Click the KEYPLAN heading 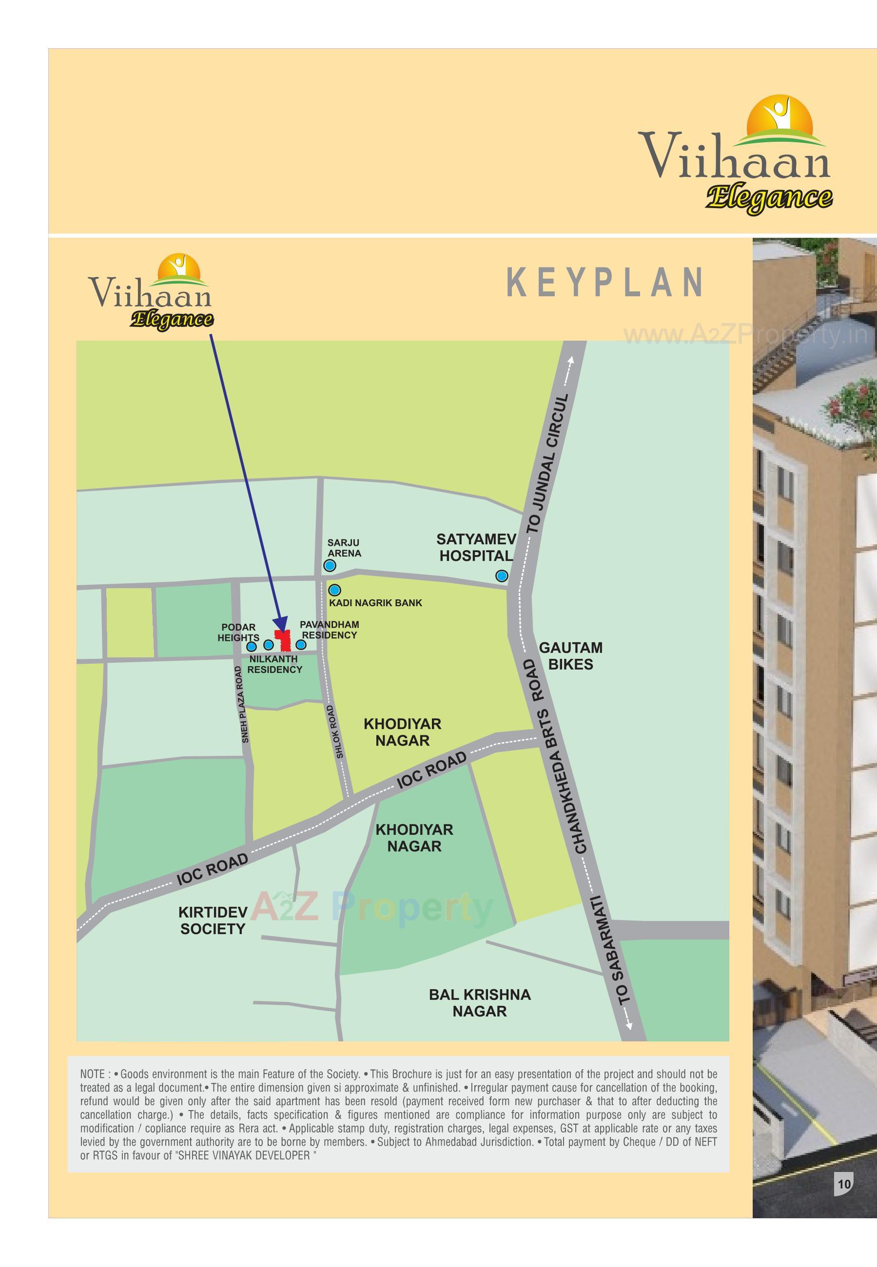point(604,282)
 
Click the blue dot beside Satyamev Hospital point(501,576)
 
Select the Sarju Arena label point(344,548)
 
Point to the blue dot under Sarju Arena point(330,566)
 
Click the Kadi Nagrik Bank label point(375,602)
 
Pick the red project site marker point(284,641)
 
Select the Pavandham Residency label point(329,630)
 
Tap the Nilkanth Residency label point(274,664)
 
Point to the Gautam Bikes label point(570,656)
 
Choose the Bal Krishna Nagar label point(480,1003)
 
